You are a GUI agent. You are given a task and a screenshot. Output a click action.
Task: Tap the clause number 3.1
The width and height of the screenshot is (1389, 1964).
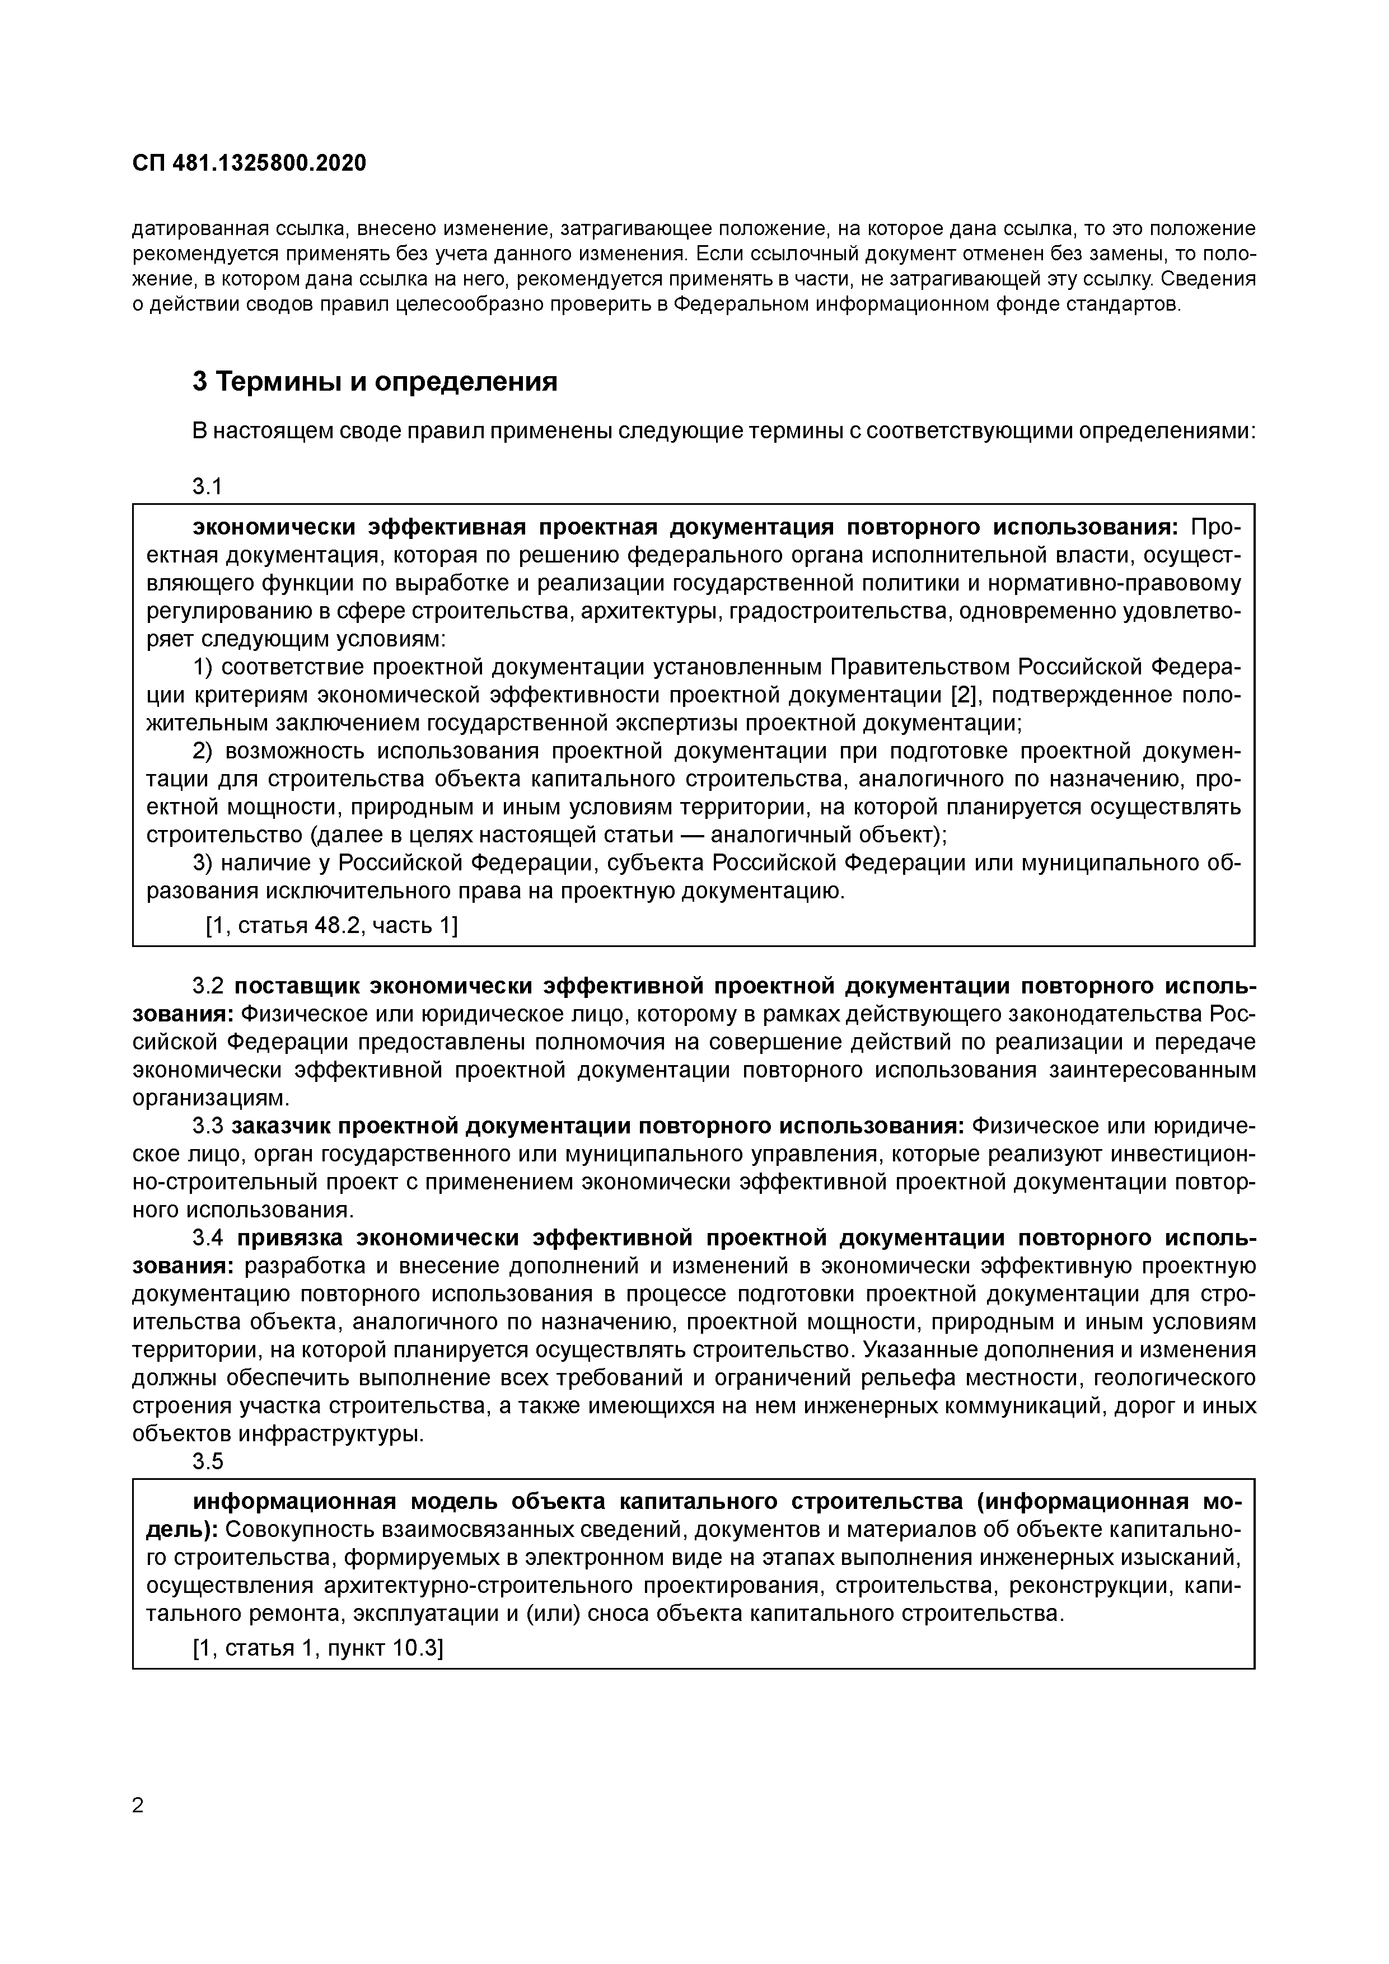tap(207, 487)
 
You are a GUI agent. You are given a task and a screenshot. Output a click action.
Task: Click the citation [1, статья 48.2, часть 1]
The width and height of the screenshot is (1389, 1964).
tap(331, 926)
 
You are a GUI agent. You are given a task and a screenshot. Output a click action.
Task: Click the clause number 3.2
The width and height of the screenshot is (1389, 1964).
tap(208, 986)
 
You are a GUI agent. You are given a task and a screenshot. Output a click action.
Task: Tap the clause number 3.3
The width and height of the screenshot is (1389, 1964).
tap(208, 1127)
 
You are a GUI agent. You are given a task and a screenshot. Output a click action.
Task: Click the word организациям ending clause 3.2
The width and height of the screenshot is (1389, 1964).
tap(205, 1098)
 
